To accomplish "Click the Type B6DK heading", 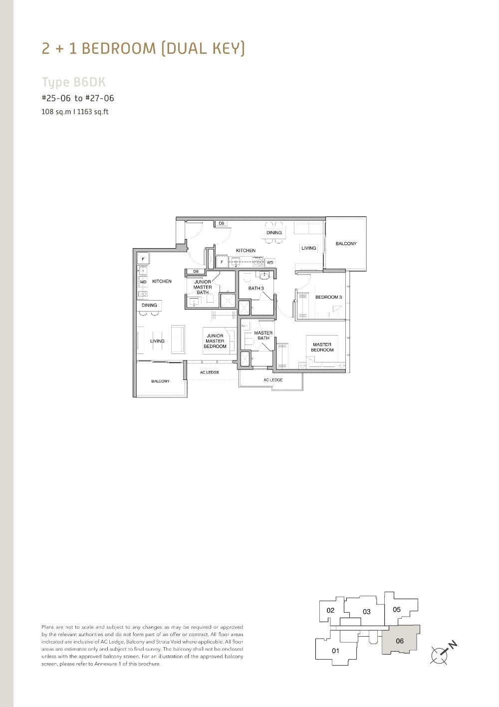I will click(x=73, y=82).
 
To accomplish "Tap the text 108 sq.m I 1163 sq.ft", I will click(x=75, y=112).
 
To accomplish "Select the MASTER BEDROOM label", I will click(x=322, y=347).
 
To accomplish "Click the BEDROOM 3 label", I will click(x=328, y=297).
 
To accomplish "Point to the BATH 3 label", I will click(x=256, y=288).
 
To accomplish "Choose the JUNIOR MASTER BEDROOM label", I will click(x=215, y=341).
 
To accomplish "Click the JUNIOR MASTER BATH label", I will click(x=203, y=287).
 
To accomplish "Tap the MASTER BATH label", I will click(x=263, y=336).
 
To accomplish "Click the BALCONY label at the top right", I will click(x=346, y=244).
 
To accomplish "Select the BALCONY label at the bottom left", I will click(x=160, y=381).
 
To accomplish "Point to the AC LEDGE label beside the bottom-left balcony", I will click(x=210, y=372).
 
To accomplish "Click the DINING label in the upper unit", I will click(x=274, y=233).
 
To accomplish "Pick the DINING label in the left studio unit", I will click(x=149, y=305).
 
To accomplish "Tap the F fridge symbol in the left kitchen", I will click(x=143, y=259).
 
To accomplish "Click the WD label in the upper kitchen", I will click(x=270, y=263).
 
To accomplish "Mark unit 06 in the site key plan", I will click(x=400, y=641).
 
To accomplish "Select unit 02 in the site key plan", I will click(x=330, y=610).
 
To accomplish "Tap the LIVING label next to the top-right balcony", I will click(x=308, y=248).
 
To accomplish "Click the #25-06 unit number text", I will click(x=57, y=98).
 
